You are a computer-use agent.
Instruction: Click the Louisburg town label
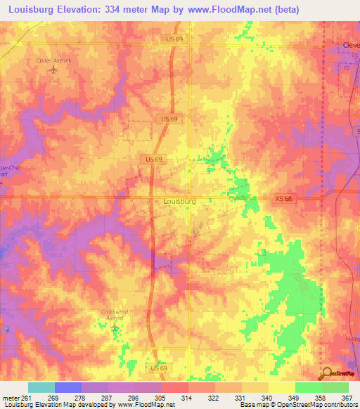coord(179,201)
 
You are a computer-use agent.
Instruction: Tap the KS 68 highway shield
coord(282,200)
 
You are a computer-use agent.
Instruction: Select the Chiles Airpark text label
coord(54,61)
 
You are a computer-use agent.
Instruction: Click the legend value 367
coord(347,397)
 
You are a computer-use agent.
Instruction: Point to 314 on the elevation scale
coord(188,397)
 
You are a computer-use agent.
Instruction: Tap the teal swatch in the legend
coord(41,387)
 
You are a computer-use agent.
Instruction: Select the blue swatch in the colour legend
coord(68,387)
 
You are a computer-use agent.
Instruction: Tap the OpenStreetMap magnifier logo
coord(326,374)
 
